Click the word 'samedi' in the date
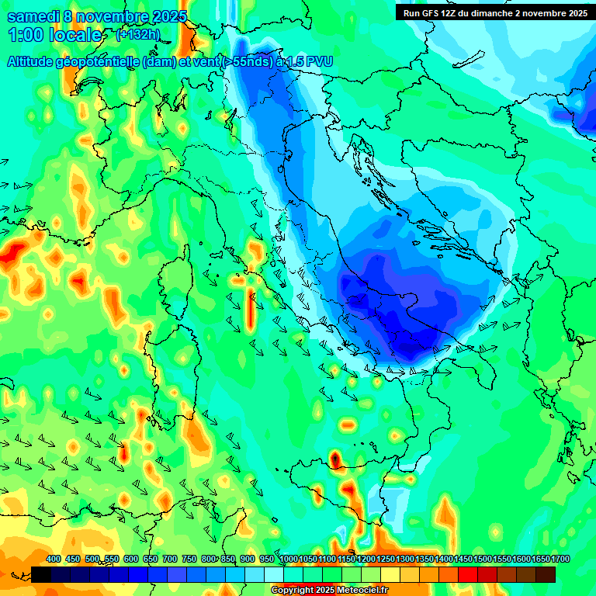point(32,16)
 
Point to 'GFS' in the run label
point(433,13)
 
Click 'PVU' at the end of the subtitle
point(317,62)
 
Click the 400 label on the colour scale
point(54,560)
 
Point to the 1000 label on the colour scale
point(289,560)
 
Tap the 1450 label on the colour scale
point(464,560)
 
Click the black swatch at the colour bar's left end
point(41,574)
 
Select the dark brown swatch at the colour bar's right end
point(546,574)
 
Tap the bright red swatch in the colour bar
point(468,574)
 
